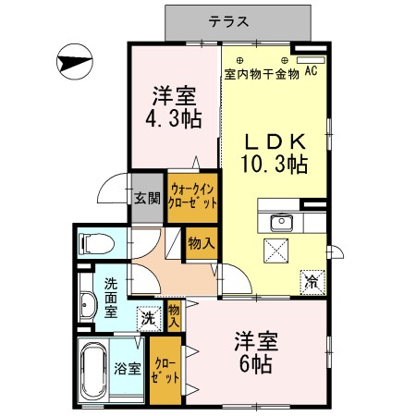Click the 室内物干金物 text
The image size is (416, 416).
coord(262,74)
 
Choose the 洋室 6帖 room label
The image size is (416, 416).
coord(251,352)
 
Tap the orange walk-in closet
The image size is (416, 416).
coord(193,196)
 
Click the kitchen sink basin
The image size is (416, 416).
coord(280,222)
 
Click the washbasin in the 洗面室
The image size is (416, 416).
coord(88,305)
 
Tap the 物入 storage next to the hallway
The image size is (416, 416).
coord(201,243)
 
